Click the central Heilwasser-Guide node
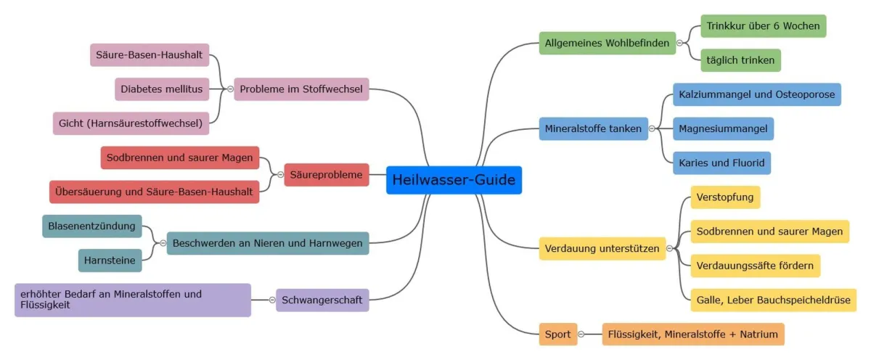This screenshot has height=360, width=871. (454, 180)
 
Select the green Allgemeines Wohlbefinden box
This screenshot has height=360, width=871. (607, 44)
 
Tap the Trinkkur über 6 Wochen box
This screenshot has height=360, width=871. (763, 26)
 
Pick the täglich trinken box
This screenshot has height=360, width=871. (740, 60)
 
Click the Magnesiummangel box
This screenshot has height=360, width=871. (723, 129)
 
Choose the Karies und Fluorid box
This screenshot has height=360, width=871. (721, 163)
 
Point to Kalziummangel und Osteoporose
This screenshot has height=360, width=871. (756, 94)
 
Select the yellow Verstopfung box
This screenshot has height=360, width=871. (725, 197)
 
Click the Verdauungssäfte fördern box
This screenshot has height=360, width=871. (755, 266)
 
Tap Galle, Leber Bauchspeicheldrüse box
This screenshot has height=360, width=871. (773, 300)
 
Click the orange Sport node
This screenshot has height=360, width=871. (557, 335)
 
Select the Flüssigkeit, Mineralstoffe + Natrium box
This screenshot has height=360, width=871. (693, 335)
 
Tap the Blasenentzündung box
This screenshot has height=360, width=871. (91, 226)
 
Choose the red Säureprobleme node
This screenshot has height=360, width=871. (327, 175)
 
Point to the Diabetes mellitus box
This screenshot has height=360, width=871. (162, 89)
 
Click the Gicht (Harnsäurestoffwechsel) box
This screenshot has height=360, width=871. (131, 123)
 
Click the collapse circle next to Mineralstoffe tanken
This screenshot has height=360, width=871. (652, 129)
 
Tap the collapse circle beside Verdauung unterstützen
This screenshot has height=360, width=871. (669, 249)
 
